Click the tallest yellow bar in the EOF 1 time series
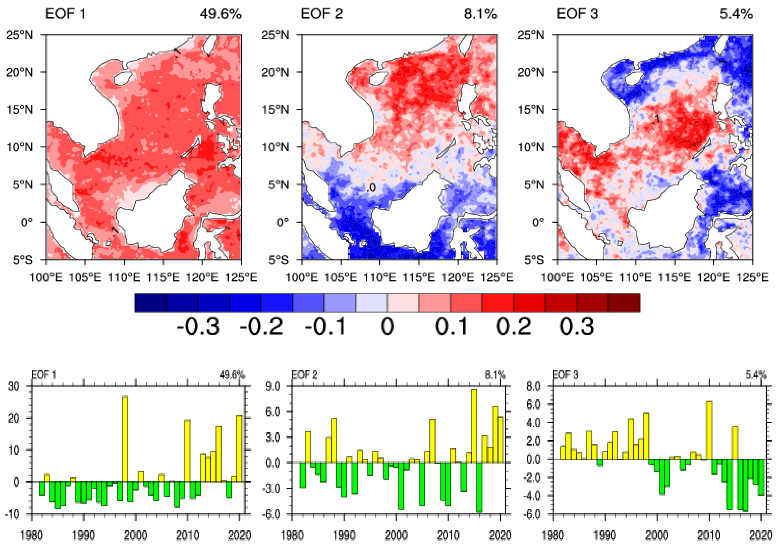click(x=125, y=439)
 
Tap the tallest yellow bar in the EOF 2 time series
click(x=474, y=426)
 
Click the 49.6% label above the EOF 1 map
click(x=221, y=14)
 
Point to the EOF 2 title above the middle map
click(x=322, y=14)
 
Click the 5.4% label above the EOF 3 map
click(x=736, y=14)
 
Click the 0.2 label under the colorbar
click(x=513, y=327)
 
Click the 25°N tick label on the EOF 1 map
click(x=20, y=35)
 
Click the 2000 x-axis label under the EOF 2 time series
click(x=396, y=535)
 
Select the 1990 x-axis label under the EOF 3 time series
click(x=605, y=535)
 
